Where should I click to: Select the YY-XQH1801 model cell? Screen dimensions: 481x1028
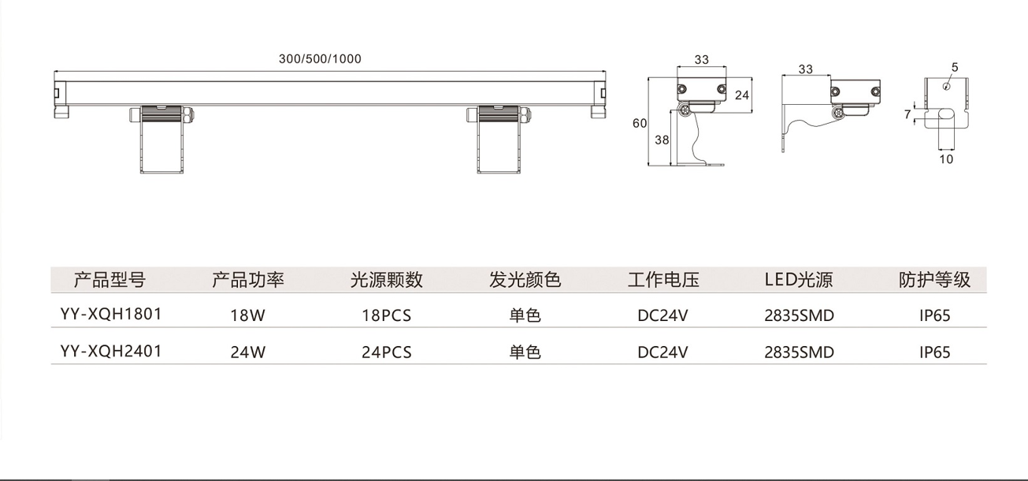(x=111, y=315)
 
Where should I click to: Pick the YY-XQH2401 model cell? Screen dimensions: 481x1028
(x=111, y=352)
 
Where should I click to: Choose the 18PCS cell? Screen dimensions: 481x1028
(x=386, y=316)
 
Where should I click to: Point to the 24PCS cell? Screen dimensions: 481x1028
(x=386, y=352)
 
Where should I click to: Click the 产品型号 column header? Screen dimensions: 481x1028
(x=109, y=280)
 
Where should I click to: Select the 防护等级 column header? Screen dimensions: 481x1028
(x=935, y=280)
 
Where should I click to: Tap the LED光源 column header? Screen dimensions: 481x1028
(x=799, y=280)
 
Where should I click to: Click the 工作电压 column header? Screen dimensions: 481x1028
(x=663, y=280)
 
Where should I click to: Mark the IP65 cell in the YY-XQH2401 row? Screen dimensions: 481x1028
(x=935, y=352)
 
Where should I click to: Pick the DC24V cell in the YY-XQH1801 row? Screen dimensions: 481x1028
(x=663, y=316)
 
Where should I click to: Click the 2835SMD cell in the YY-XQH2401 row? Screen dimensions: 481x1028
(x=799, y=352)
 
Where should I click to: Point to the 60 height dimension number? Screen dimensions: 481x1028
(x=639, y=123)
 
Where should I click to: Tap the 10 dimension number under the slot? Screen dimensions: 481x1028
(x=946, y=158)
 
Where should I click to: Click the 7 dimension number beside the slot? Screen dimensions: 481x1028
(x=907, y=115)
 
